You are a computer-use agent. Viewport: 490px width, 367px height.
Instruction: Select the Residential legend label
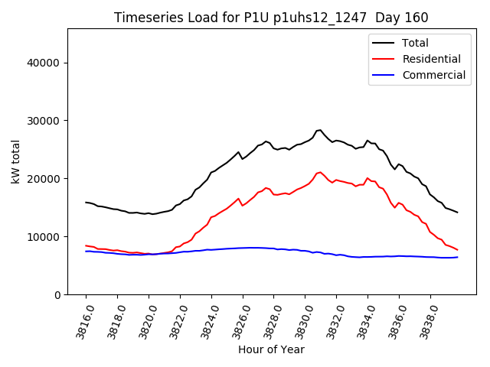coord(431,59)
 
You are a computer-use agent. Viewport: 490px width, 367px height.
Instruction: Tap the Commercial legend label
coord(433,75)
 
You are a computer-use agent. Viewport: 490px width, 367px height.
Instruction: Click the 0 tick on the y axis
coord(58,295)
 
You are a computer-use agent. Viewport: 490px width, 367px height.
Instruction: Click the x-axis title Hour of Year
coord(271,349)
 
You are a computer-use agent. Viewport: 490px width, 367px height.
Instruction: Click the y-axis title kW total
coord(15,161)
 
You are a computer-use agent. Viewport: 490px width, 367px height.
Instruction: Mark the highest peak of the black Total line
coord(320,130)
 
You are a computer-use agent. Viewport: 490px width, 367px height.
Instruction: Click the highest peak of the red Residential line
coord(320,172)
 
